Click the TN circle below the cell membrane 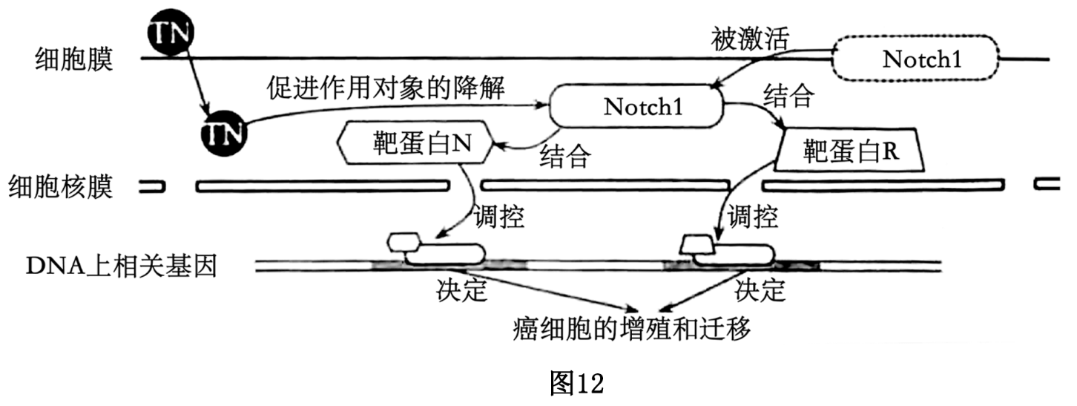(x=225, y=134)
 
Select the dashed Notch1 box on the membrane (x=917, y=59)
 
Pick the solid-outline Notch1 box (x=636, y=107)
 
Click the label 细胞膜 (x=74, y=59)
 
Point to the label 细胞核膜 (x=61, y=186)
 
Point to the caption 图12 (x=577, y=384)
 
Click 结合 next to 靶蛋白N (x=566, y=157)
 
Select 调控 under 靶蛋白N (x=499, y=217)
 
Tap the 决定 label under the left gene (x=461, y=291)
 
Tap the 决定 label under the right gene (x=760, y=291)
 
